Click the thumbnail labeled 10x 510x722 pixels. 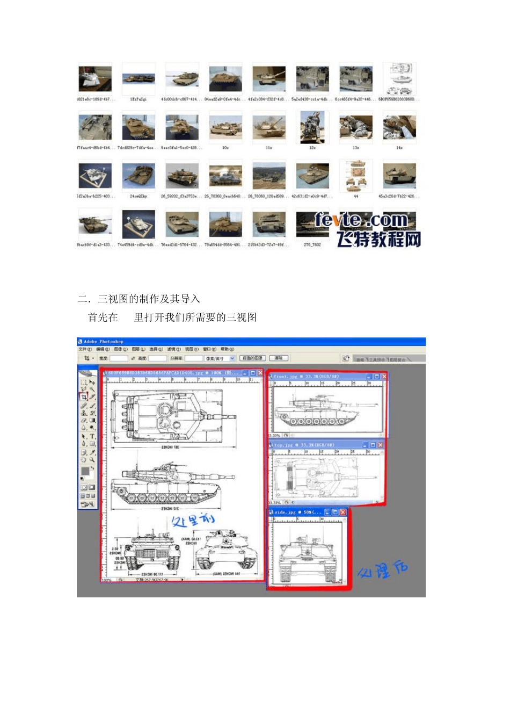click(225, 128)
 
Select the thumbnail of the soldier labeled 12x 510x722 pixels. click(312, 128)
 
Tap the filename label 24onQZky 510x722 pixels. click(139, 197)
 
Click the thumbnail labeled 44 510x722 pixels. click(356, 176)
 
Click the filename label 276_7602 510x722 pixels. click(312, 245)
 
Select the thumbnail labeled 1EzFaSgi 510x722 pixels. click(139, 79)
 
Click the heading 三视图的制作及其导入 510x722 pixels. click(149, 299)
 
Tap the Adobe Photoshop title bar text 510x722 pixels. click(104, 342)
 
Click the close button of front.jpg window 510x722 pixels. click(384, 377)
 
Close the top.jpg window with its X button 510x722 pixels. click(380, 445)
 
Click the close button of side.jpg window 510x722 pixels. click(343, 512)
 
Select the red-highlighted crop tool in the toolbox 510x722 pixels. click(84, 397)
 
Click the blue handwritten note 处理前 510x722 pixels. click(193, 519)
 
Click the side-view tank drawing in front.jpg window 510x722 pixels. click(317, 411)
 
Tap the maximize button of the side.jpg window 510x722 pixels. click(335, 512)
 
